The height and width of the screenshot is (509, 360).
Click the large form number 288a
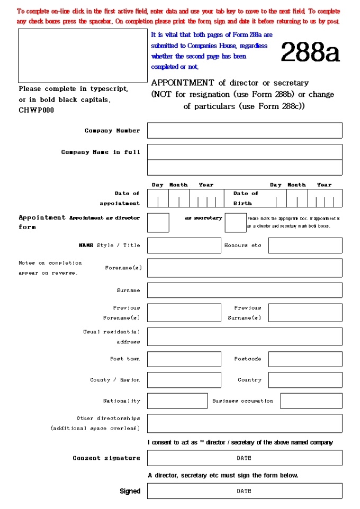pos(310,52)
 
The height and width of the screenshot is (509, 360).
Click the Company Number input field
pos(245,131)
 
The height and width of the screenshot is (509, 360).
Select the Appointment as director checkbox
pos(158,223)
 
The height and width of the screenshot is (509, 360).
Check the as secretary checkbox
pos(236,223)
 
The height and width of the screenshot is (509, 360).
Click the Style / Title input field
pos(184,246)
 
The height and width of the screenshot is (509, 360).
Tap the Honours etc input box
pos(305,246)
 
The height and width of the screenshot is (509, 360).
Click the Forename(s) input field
pos(245,268)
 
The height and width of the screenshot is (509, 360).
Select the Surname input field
pos(245,290)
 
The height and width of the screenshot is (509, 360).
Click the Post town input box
pos(184,359)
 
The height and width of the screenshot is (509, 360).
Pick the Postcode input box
pos(305,359)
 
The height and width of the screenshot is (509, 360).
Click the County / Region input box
pos(184,380)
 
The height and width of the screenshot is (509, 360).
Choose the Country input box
pos(305,380)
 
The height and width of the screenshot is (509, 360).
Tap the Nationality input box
pos(177,401)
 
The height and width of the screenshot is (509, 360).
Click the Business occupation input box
pos(311,401)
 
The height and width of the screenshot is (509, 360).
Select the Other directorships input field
pos(245,423)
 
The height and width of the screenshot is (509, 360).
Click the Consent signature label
pos(106,458)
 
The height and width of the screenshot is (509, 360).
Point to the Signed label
pos(130,492)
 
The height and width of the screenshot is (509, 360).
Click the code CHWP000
pos(36,111)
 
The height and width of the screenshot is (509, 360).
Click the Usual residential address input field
pos(245,337)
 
